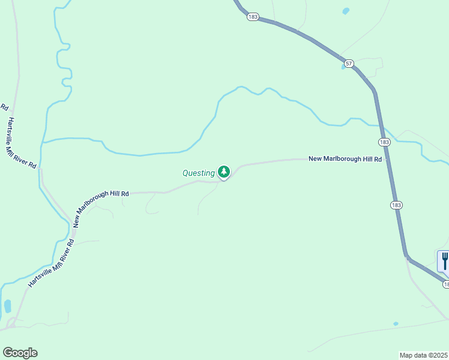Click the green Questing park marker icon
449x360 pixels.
click(224, 172)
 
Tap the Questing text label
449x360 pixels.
click(199, 173)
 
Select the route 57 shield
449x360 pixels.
click(349, 63)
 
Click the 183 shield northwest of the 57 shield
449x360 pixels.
click(252, 17)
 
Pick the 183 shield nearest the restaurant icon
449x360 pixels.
click(447, 283)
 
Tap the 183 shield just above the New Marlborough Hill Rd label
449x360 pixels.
click(385, 142)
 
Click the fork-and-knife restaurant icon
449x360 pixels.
click(445, 260)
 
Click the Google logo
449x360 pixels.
click(20, 353)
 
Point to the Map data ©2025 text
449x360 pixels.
click(423, 355)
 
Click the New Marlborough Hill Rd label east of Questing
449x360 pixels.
click(345, 159)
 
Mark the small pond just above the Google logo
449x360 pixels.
click(8, 306)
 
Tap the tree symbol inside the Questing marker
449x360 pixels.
click(224, 172)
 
